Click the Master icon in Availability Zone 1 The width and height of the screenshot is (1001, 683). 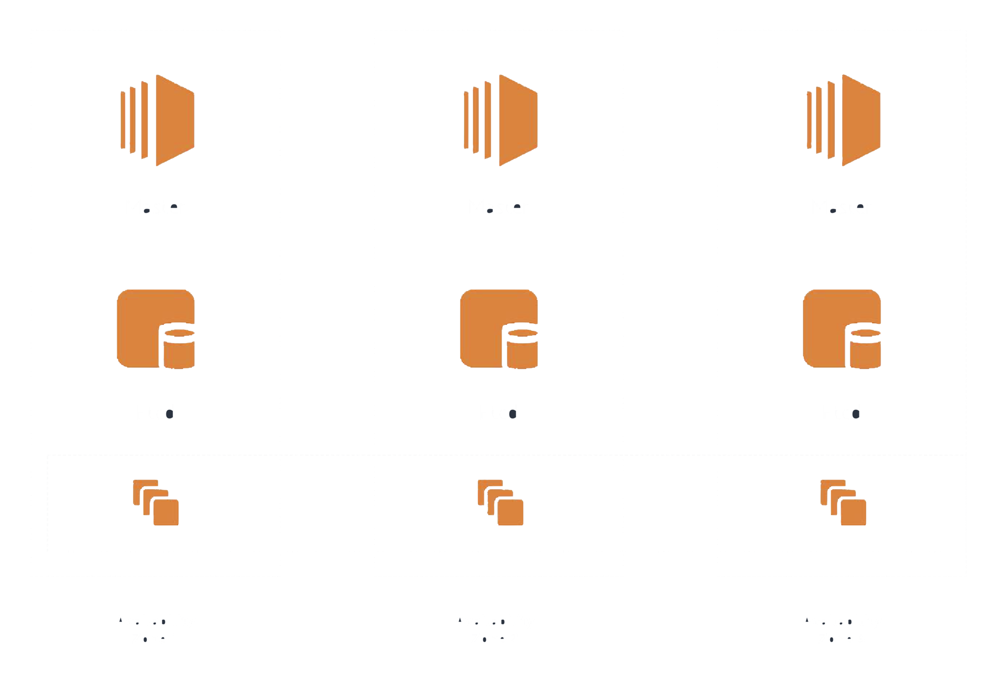(158, 120)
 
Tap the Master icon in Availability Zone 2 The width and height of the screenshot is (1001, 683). (500, 120)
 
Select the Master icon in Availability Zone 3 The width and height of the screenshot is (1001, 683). (843, 120)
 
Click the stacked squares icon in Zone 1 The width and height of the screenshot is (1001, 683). (156, 502)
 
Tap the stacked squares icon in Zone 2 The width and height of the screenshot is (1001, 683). (500, 502)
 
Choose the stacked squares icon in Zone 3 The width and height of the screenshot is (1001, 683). (843, 502)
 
